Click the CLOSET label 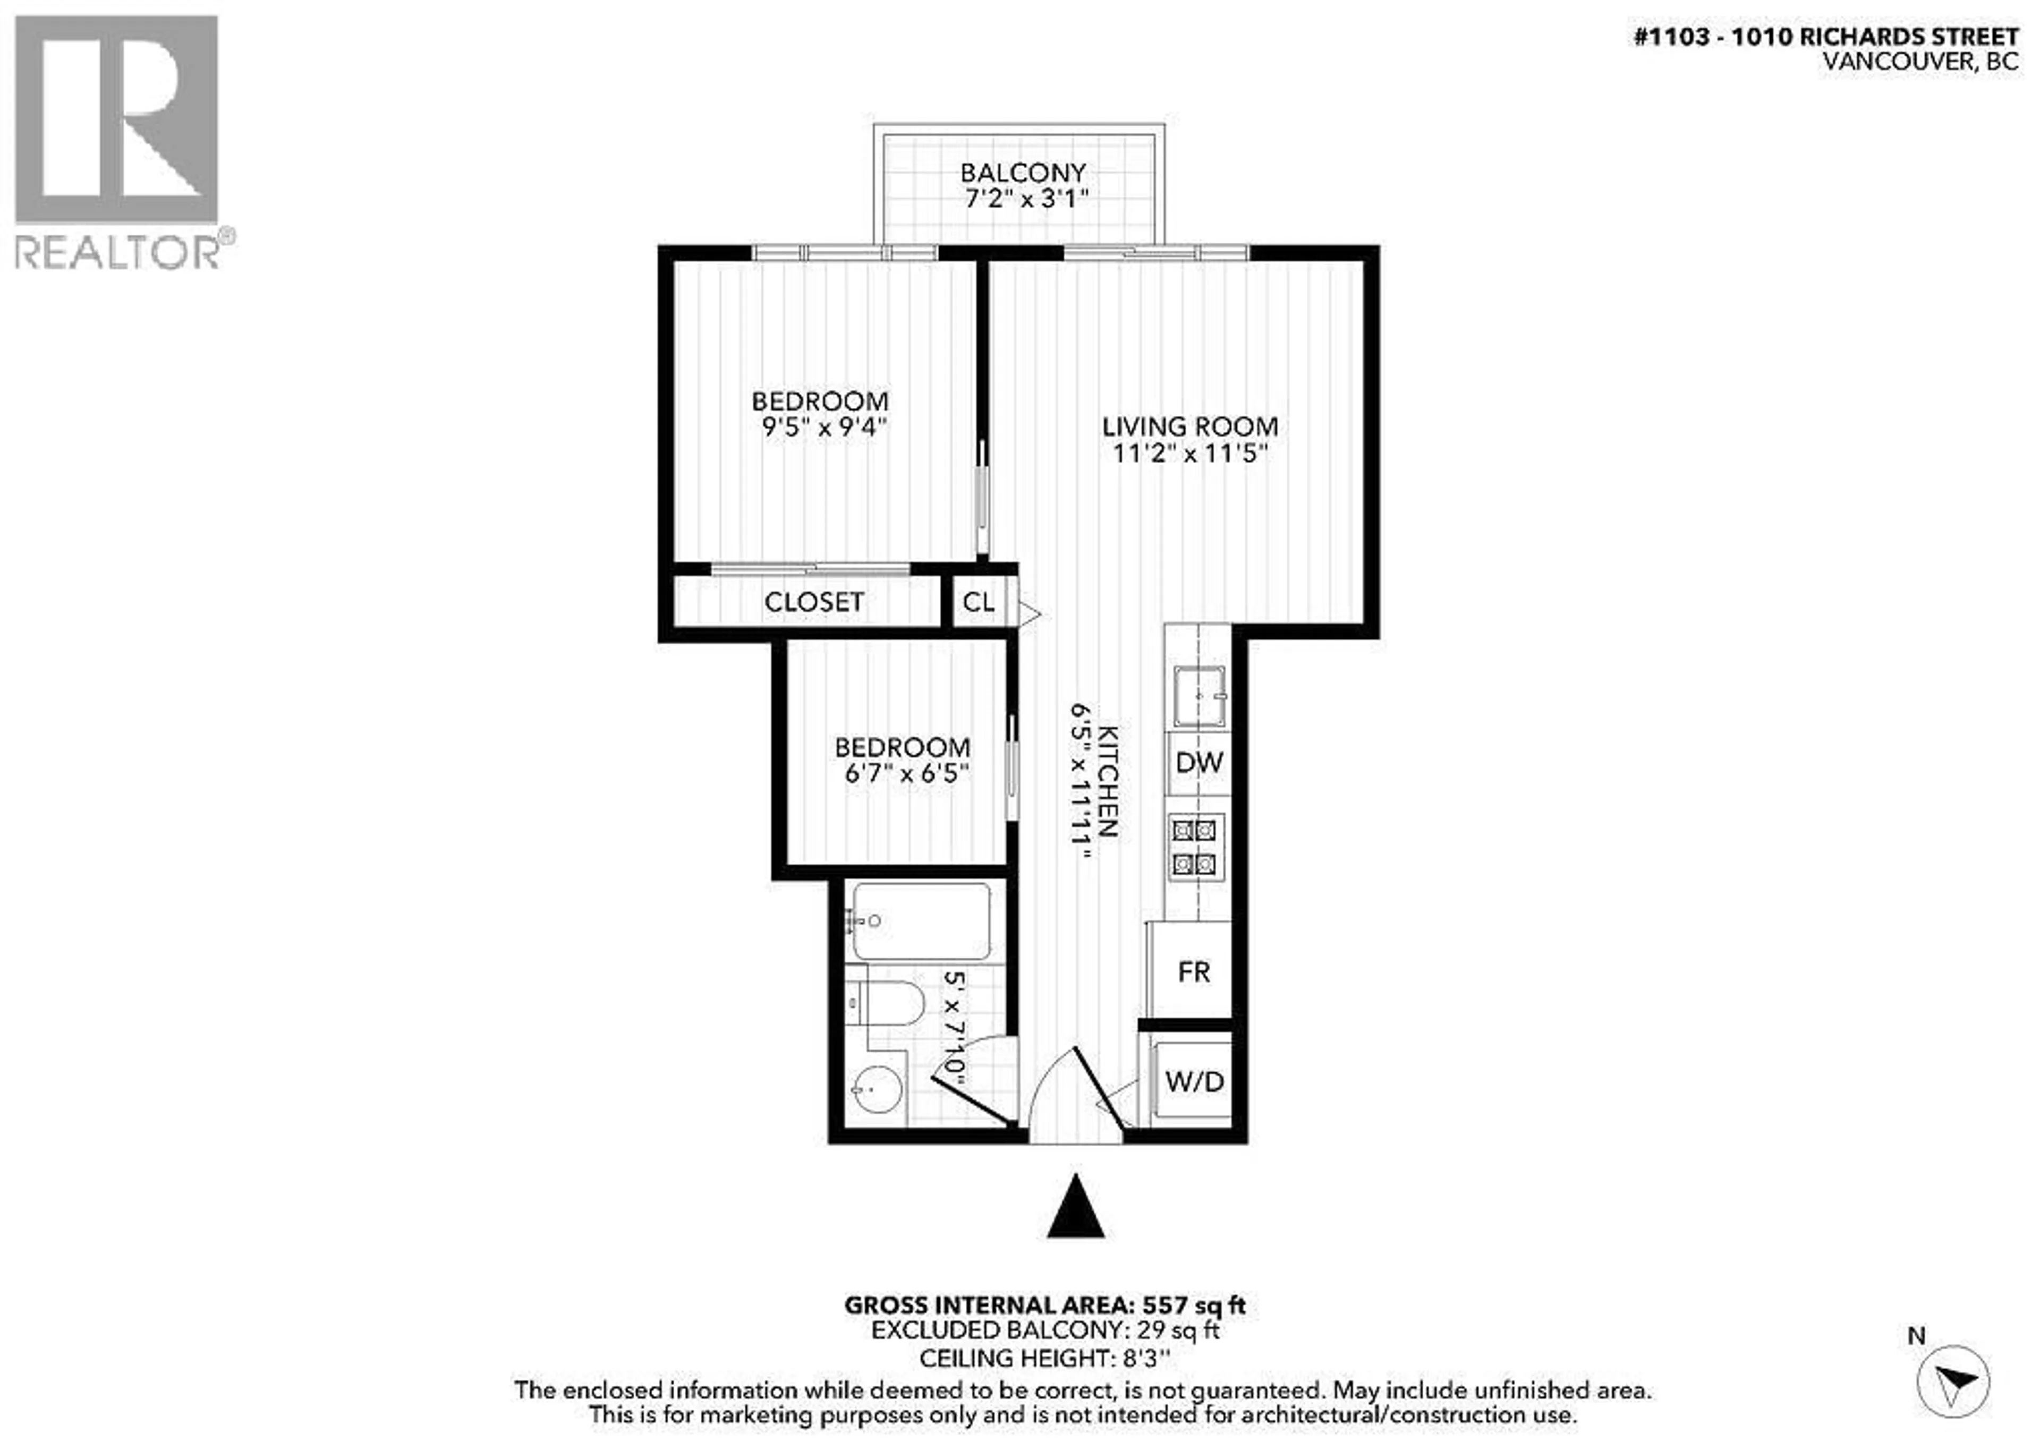(813, 602)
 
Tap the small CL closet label (977, 602)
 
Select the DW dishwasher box (1198, 762)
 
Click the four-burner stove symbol (1194, 847)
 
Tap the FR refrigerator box (1193, 972)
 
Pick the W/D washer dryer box (1193, 1081)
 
